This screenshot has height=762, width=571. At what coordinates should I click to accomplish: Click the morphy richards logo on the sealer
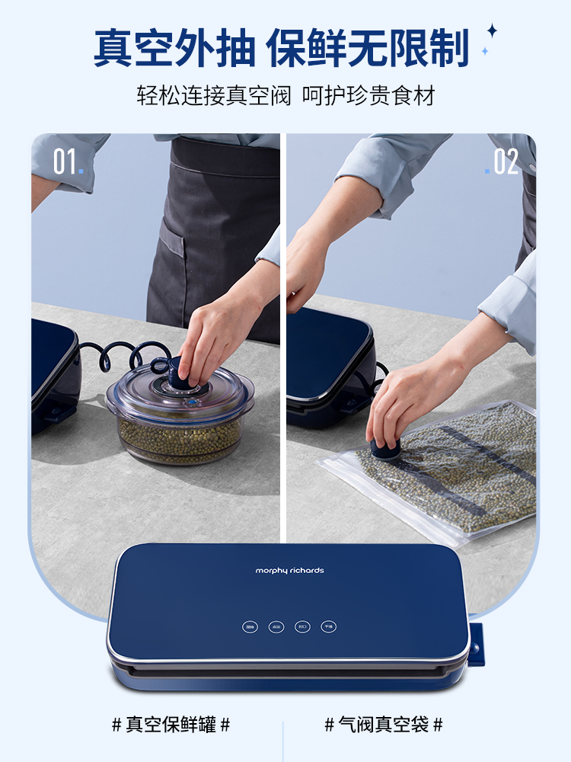(x=289, y=570)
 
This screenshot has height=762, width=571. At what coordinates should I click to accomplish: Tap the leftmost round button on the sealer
(x=249, y=626)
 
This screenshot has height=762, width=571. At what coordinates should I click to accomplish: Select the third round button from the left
(x=302, y=626)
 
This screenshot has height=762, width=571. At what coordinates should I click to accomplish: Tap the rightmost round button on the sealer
(x=328, y=626)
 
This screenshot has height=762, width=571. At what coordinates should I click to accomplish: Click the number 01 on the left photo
(x=67, y=162)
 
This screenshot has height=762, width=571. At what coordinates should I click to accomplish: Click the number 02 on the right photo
(x=504, y=162)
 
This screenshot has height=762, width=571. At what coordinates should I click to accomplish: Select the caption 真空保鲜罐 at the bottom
(x=171, y=724)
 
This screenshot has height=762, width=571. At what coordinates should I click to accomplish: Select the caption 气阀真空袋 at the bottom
(x=384, y=724)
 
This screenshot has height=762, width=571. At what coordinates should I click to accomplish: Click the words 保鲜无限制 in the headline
(x=367, y=47)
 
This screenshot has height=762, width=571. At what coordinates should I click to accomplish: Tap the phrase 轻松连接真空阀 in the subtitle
(x=214, y=97)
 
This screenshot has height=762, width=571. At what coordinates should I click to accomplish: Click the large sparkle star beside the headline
(x=492, y=30)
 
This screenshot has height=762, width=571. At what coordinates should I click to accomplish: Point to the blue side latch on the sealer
(x=476, y=644)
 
